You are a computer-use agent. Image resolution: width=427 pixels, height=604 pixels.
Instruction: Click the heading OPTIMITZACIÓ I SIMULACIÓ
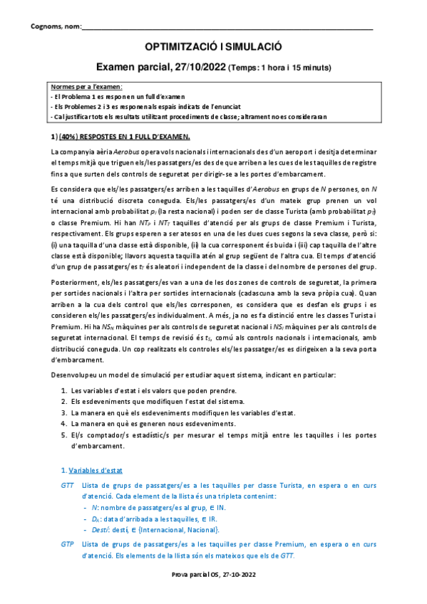(x=213, y=46)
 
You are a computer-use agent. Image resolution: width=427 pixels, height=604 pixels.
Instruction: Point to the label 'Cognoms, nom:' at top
(x=56, y=28)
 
